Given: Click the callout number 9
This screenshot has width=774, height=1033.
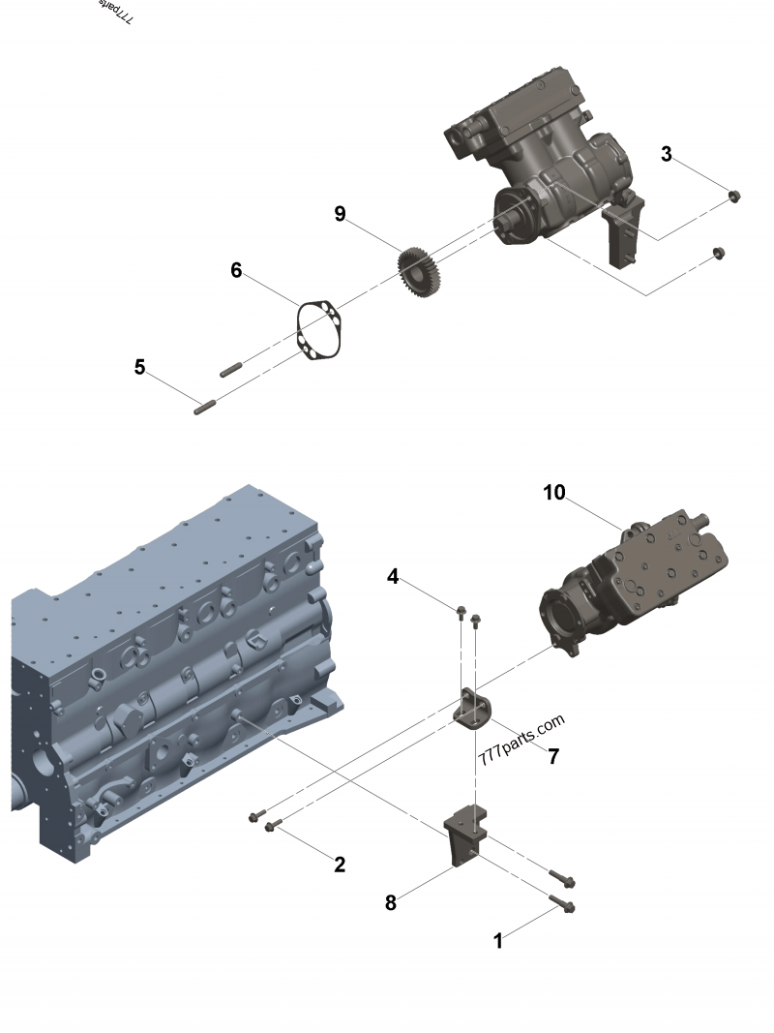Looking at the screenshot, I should point(340,214).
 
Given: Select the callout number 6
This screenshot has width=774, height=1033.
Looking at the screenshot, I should point(236,270).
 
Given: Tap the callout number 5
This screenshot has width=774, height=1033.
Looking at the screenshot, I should point(140,368).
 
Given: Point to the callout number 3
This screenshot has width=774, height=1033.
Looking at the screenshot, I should point(667,154).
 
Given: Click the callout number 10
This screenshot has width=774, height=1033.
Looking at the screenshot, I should point(553,493).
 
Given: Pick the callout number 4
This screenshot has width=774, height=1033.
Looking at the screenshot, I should point(393,576).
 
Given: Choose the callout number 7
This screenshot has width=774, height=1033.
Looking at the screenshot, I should point(553,756).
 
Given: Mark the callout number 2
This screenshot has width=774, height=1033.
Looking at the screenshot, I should point(340,865).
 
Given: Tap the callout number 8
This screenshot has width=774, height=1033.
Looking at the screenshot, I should point(391,902).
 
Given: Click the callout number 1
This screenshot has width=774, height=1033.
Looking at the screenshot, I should point(498,940).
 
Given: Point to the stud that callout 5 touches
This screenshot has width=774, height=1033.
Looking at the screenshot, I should point(206,407).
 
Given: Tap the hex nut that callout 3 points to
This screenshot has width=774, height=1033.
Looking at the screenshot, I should point(732,197).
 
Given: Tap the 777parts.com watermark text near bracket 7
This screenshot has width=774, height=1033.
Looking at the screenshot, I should point(521,741).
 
